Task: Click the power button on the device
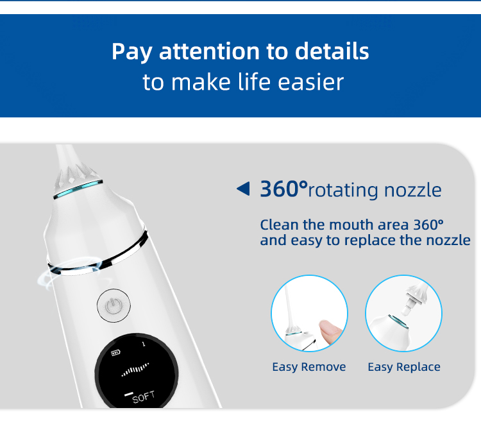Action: [x=114, y=305]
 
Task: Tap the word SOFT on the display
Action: [x=144, y=398]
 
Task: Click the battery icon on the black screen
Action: [x=115, y=353]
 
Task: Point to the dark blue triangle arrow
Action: [x=243, y=189]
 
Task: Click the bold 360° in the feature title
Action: [x=283, y=189]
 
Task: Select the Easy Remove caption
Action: [x=309, y=367]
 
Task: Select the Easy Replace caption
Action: [x=404, y=367]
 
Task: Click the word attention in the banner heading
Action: [x=209, y=51]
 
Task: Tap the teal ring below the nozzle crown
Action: [x=78, y=189]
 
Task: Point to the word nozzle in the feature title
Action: [x=412, y=190]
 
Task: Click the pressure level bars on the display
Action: [x=135, y=370]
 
